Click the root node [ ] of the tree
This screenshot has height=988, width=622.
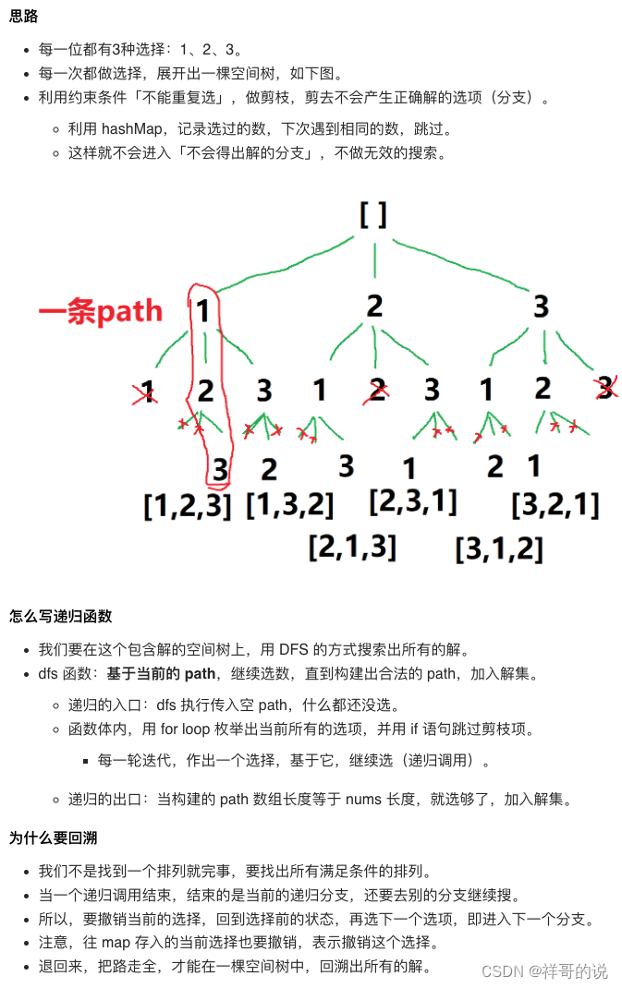373,215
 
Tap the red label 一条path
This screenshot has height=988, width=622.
100,312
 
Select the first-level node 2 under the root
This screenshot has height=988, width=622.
374,307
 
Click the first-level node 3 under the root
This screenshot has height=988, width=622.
542,307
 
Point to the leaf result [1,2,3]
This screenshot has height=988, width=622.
187,506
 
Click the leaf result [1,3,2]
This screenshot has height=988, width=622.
289,504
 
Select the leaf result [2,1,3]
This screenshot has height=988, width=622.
352,546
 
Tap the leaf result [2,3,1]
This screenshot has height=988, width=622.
412,500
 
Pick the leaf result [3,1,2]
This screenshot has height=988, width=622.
499,548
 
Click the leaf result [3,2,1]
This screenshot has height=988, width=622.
555,505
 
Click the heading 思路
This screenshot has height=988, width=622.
24,18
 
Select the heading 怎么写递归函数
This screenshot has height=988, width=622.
61,616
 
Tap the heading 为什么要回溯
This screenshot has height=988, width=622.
54,838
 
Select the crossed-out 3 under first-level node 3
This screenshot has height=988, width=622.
605,388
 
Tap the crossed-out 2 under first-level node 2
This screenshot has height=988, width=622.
376,392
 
